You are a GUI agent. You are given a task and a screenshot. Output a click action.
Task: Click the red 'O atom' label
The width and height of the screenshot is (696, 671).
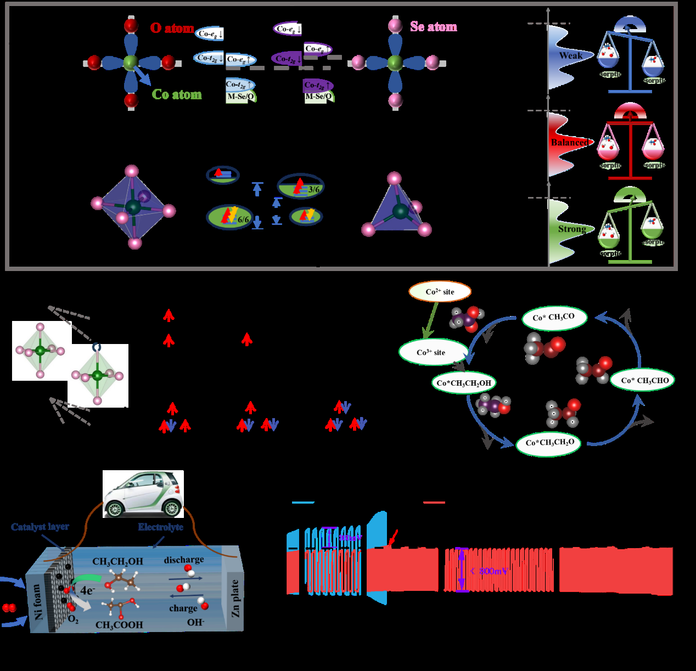click(172, 28)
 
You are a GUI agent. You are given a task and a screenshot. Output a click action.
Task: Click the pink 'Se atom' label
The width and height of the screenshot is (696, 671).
click(433, 26)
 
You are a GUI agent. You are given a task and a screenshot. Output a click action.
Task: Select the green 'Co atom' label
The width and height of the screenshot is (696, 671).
click(176, 95)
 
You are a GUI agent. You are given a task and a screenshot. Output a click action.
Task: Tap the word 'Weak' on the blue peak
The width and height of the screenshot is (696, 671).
click(571, 55)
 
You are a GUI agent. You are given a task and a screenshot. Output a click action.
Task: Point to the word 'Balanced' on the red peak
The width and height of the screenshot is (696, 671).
click(569, 142)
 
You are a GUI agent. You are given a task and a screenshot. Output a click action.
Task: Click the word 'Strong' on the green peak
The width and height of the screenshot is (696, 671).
click(572, 229)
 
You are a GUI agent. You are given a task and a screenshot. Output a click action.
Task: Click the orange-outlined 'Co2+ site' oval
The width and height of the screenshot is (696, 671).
click(440, 292)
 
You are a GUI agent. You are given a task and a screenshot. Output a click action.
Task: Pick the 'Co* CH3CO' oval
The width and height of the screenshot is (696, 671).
click(553, 318)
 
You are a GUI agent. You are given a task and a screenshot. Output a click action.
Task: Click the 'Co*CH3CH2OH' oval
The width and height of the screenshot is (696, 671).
click(464, 383)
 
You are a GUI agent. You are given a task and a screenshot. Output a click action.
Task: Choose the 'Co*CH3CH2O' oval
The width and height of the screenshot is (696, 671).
click(549, 443)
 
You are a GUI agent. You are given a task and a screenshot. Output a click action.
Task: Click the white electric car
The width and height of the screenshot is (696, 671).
click(143, 494)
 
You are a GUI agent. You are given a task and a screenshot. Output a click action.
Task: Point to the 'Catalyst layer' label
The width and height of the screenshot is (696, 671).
click(40, 527)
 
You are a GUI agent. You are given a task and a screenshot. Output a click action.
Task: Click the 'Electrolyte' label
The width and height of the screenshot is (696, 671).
click(160, 527)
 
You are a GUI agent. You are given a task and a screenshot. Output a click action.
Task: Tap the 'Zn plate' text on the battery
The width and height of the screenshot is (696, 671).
click(235, 599)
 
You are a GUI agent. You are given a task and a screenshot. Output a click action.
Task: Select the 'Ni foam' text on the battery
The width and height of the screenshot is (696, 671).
click(38, 602)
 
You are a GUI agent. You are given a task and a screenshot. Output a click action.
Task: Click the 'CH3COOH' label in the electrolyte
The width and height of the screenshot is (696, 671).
click(119, 625)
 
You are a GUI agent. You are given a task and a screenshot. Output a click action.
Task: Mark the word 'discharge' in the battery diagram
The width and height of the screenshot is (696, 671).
click(183, 560)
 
